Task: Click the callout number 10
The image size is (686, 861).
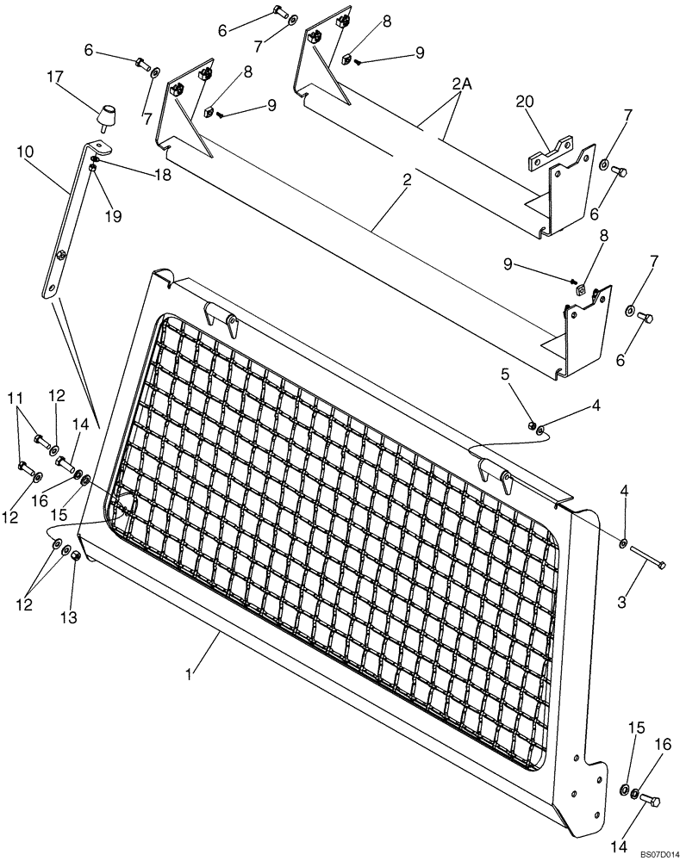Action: coord(25,152)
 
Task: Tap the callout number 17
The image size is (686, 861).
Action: coord(56,78)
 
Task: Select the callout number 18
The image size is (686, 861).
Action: coord(161,175)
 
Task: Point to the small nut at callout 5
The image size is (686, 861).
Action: coord(533,425)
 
